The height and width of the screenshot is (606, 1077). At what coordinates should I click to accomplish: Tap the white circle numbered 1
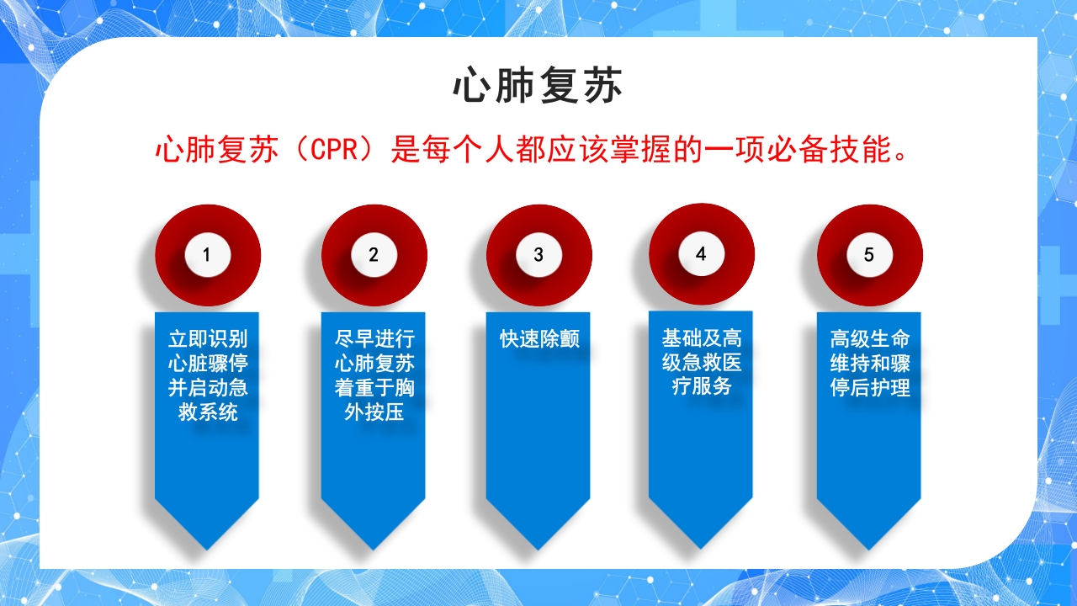tap(207, 254)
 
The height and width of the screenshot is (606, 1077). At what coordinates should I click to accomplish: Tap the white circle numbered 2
tap(374, 254)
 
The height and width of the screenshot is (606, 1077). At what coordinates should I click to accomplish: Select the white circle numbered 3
tap(538, 254)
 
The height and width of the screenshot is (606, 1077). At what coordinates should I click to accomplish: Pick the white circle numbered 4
tap(701, 253)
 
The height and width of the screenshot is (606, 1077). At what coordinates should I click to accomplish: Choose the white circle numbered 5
tap(869, 254)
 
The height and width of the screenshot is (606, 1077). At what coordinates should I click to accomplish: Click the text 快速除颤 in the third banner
tap(539, 339)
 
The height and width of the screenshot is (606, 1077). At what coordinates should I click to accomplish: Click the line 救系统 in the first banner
tap(208, 412)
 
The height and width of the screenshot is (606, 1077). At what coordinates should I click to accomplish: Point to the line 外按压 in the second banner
tap(374, 412)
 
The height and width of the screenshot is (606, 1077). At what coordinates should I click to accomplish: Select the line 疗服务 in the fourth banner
tap(701, 387)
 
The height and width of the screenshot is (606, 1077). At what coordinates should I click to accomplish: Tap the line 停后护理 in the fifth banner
tap(870, 388)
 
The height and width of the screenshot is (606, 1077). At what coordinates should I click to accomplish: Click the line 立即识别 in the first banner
tap(208, 339)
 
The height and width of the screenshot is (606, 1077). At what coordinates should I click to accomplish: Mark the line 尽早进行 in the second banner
tap(374, 339)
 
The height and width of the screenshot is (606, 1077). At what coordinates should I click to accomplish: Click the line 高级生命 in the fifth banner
tap(870, 339)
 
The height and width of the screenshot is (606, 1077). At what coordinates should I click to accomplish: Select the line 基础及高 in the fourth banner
tap(701, 338)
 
